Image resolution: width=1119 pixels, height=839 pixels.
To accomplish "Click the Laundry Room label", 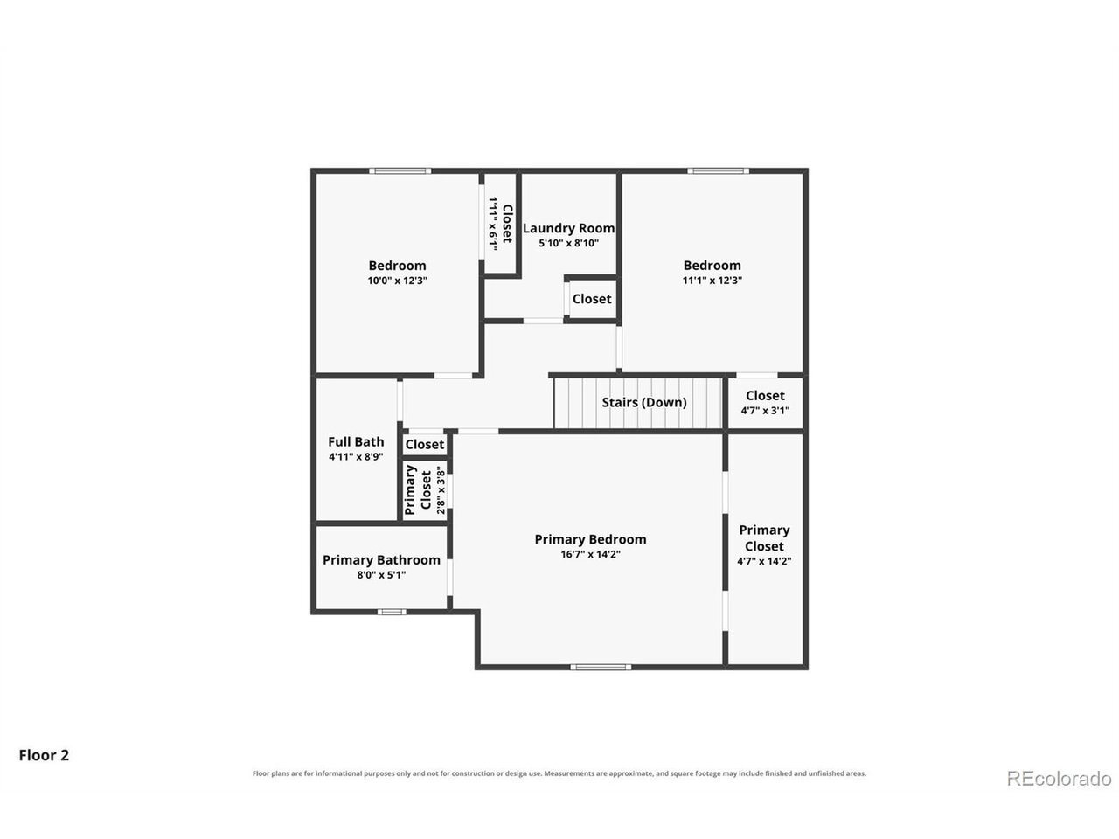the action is point(568,228).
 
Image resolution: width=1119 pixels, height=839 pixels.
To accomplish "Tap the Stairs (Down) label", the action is point(644,402).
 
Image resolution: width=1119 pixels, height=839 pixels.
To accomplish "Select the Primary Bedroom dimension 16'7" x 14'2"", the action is point(590,554).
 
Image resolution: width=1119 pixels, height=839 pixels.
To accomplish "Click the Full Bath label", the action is point(356,441).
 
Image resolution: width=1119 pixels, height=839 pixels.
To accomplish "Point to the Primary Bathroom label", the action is point(381,560).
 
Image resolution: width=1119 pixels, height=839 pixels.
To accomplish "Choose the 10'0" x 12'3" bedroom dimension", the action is point(397,281).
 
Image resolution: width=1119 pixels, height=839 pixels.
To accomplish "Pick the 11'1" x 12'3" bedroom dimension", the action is point(712,281).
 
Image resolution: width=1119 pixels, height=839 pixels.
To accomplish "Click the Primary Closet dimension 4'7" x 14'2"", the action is point(764,561).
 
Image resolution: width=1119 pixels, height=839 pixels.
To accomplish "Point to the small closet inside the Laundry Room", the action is point(591,299).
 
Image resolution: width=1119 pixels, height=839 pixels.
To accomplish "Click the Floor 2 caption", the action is point(44,755).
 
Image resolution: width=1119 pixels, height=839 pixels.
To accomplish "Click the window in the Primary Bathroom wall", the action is point(392,612).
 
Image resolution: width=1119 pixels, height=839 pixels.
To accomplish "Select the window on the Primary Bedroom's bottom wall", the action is point(601,667).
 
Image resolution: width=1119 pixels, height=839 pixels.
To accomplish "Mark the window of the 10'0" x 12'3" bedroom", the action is point(400,170).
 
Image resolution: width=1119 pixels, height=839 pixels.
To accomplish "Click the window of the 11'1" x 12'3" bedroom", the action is point(719,170).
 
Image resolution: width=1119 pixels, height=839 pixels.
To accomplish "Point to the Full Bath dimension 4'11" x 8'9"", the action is point(356,457).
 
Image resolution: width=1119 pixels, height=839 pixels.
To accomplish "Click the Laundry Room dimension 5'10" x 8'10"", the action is point(568,243).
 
